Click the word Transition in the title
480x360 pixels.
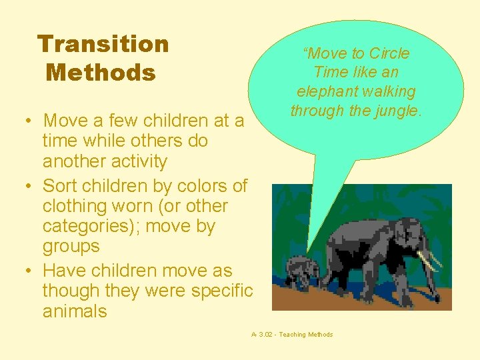tap(103, 44)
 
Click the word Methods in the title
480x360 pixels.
tap(100, 72)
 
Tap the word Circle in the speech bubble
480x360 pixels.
tap(389, 53)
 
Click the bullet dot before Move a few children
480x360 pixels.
tap(30, 122)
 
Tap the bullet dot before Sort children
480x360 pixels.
tap(30, 186)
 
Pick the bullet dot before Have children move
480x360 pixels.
tap(30, 272)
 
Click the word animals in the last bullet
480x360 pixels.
tap(75, 311)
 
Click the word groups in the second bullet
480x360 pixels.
tap(71, 246)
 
